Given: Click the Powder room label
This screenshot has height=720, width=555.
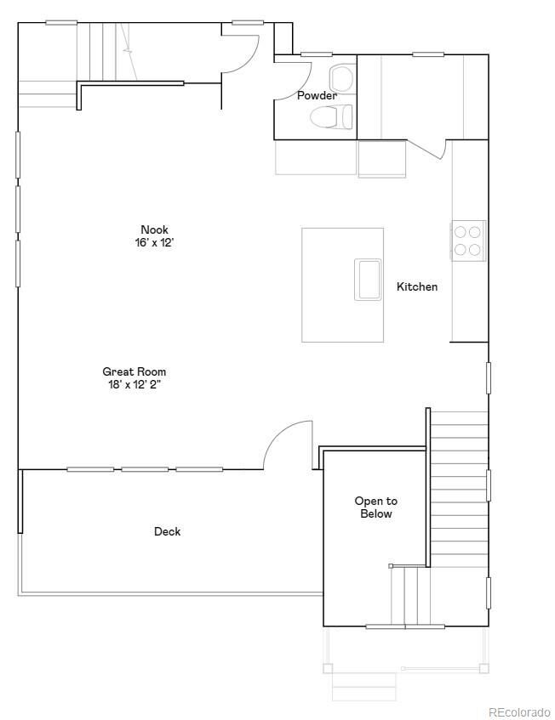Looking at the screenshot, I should point(316,96).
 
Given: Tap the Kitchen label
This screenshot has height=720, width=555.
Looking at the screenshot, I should point(417,287).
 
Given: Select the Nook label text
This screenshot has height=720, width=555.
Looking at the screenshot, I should point(154,230).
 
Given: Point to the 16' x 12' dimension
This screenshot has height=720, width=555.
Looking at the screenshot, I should point(154,242).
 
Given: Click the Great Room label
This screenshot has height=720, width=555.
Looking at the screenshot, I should point(134,371).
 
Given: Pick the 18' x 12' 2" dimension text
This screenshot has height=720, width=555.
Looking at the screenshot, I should point(134,384).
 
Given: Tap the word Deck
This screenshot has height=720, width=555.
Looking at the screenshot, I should point(167,532).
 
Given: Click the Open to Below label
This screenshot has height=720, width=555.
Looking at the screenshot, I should point(375,507).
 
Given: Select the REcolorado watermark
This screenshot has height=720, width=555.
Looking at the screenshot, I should point(519,712).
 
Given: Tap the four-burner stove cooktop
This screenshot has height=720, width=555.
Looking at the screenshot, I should point(467,241).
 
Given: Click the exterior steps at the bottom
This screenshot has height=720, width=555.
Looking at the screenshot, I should point(363,685).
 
